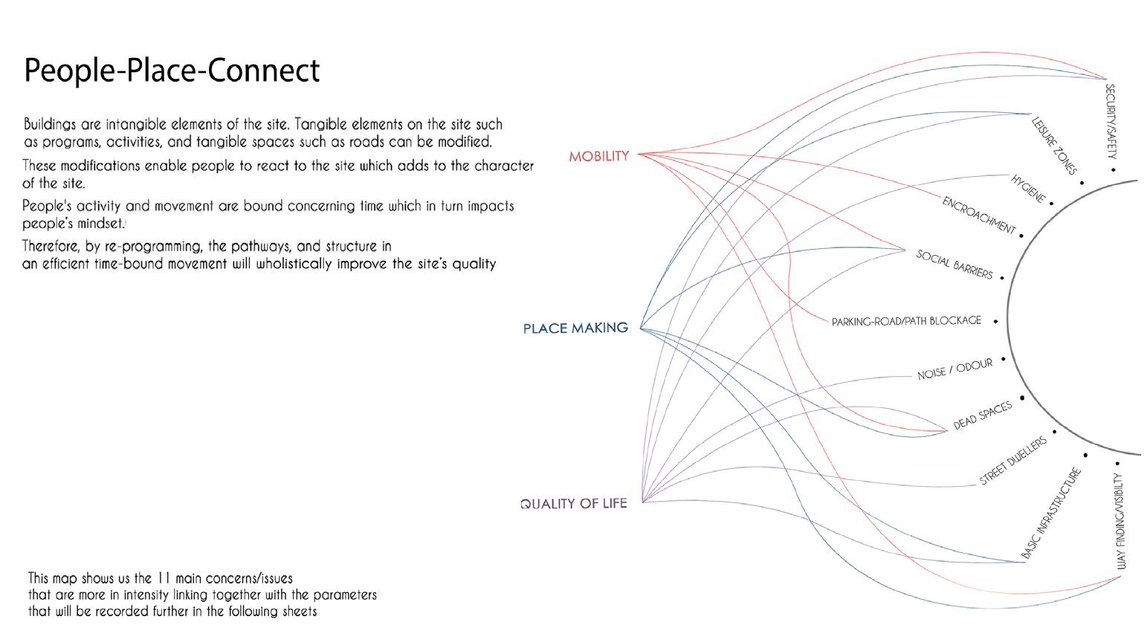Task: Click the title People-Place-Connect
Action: pos(172,71)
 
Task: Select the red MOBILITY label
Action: pos(598,156)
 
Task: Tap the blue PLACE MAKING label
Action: pos(575,328)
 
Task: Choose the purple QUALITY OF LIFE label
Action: pos(573,503)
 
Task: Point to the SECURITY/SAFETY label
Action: pos(1111,121)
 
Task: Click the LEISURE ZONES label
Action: pos(1054,146)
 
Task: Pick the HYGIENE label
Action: pos(1028,189)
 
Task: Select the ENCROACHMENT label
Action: pos(978,216)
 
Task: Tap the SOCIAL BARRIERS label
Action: pos(954,265)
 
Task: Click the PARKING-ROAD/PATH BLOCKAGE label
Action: pos(906,321)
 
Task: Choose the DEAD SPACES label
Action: pos(983,415)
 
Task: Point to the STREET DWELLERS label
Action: pos(1012,461)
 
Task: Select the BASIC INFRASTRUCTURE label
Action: pos(1050,514)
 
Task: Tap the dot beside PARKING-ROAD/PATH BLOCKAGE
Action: pos(995,321)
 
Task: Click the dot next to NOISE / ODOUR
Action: pos(1003,359)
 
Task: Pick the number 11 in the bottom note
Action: pos(166,578)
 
